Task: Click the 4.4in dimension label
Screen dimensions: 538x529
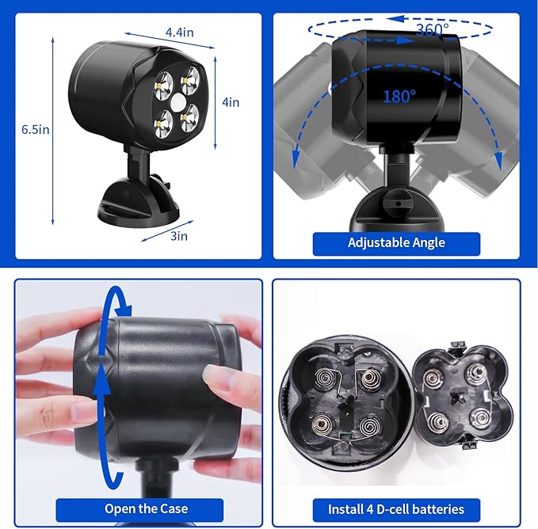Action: [x=179, y=32]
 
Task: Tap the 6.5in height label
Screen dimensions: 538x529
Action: [x=36, y=130]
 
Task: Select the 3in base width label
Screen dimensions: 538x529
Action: [x=179, y=236]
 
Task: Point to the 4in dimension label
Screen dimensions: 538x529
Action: [x=231, y=102]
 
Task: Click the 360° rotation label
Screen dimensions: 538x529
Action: [x=433, y=30]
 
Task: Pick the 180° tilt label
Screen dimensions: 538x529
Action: [x=399, y=97]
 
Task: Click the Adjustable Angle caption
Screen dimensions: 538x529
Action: [x=396, y=243]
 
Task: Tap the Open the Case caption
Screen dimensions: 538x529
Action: [x=146, y=508]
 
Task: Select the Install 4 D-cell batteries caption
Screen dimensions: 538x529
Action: [x=396, y=509]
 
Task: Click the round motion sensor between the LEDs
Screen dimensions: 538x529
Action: [x=177, y=102]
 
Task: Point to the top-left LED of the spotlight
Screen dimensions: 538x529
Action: [x=163, y=86]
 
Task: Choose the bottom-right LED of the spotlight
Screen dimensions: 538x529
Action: [x=189, y=119]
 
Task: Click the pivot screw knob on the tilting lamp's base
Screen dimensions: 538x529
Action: [x=396, y=202]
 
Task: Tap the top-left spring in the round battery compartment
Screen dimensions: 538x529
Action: [x=323, y=379]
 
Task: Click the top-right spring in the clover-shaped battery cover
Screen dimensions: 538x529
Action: [x=476, y=373]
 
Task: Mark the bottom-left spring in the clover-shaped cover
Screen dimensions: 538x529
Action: [x=437, y=421]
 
